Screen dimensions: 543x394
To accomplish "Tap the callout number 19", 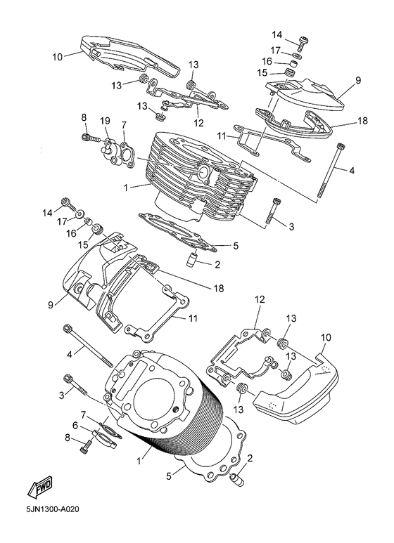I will (104, 121).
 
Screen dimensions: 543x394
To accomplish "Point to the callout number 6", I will (75, 425).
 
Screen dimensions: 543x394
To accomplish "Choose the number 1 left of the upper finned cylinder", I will (125, 188).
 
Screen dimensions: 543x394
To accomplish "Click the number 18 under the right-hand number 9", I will (362, 121).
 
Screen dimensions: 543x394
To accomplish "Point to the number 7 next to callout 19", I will (124, 125).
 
